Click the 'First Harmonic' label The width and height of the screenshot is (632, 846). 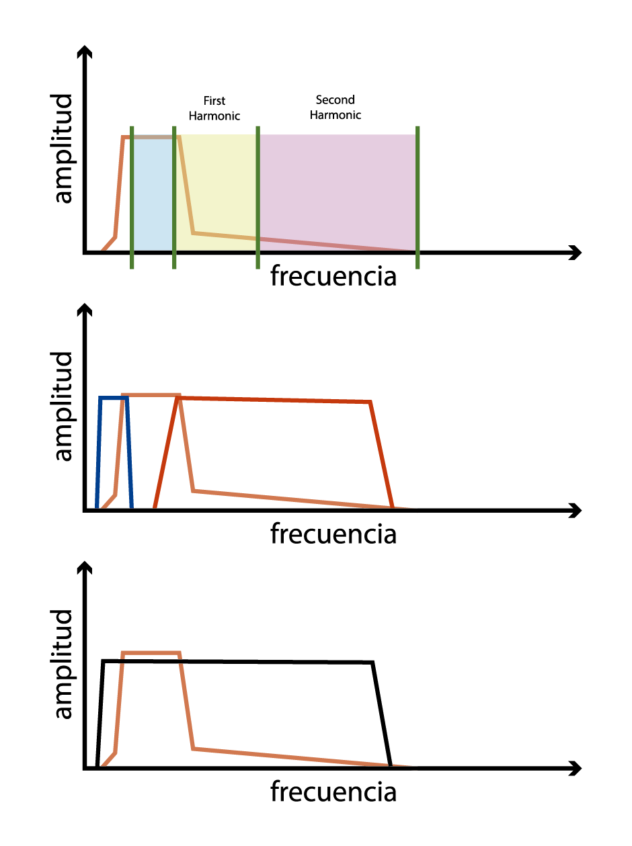coord(214,108)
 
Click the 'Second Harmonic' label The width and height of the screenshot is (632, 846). coord(335,107)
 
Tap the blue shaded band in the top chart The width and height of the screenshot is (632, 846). coord(153,193)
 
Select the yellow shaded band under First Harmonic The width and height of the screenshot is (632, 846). coord(216,185)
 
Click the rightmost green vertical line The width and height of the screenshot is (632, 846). coord(418,198)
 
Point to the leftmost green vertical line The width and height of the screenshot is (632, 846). coord(132,198)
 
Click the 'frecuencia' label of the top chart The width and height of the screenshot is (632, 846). coord(333,276)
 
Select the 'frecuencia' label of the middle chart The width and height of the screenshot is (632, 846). coord(333,534)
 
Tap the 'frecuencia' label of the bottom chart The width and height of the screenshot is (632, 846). coord(333,792)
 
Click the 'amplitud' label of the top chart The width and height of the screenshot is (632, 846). coord(63,149)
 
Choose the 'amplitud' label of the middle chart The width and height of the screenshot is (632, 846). coord(63,407)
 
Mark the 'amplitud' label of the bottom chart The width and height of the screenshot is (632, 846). coord(63,664)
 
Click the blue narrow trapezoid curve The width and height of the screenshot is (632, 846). coord(114,397)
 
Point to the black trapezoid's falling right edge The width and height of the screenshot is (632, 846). coord(382,714)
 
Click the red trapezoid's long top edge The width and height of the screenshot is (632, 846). coord(274,400)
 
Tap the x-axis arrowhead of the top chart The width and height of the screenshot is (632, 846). coord(576,253)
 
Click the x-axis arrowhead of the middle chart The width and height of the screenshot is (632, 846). coord(576,510)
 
